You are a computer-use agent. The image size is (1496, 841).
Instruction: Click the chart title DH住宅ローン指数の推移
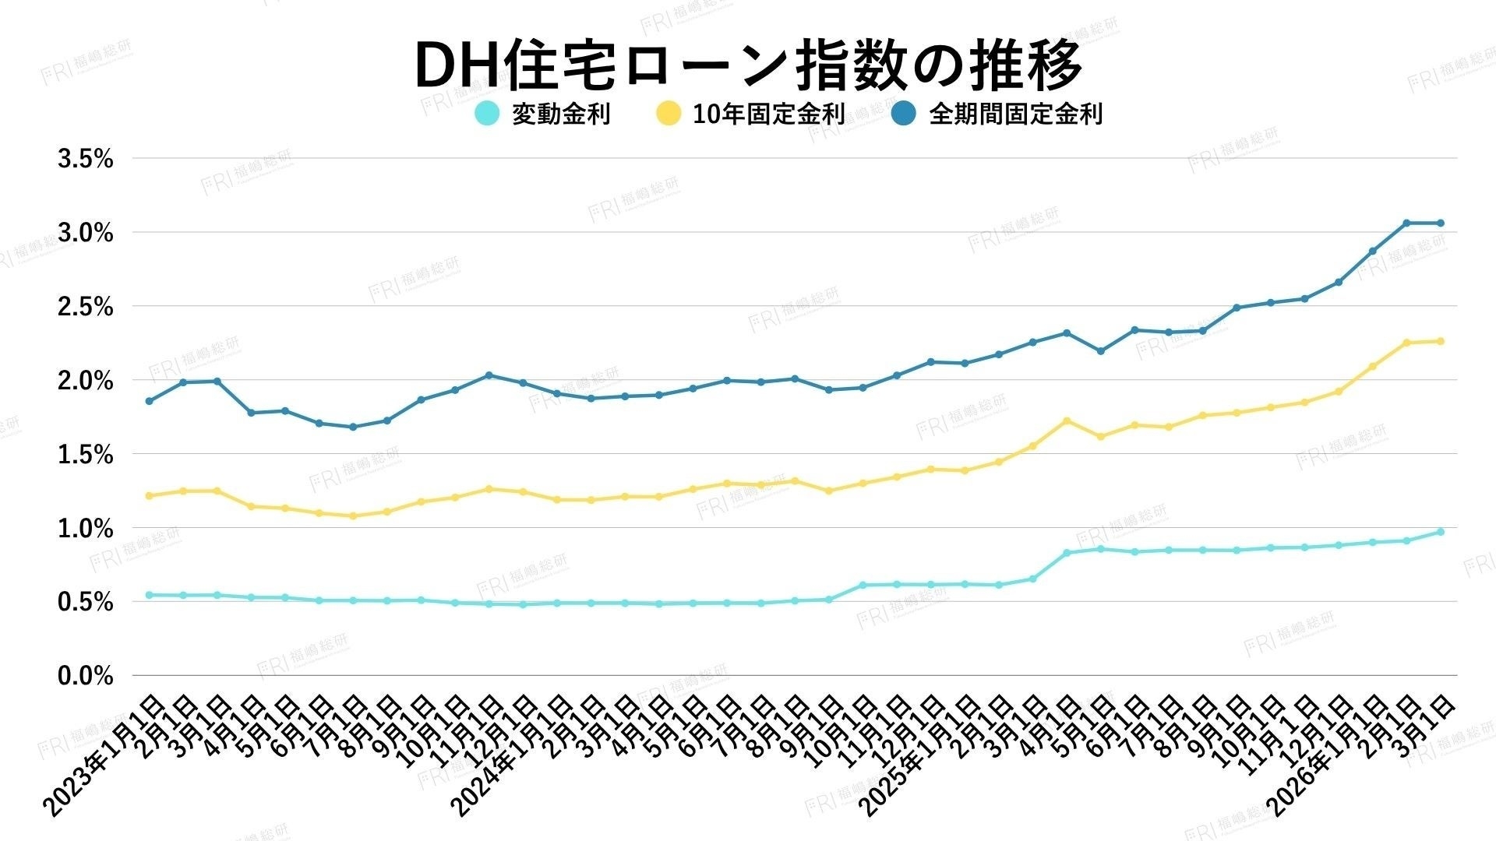[748, 65]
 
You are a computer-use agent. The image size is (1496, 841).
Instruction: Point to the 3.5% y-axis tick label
[86, 160]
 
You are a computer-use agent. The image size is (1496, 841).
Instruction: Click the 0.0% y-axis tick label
[86, 676]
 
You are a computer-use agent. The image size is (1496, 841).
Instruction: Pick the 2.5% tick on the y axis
[86, 307]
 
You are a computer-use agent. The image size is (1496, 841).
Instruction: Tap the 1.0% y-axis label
[86, 529]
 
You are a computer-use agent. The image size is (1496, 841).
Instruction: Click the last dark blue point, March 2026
[1441, 223]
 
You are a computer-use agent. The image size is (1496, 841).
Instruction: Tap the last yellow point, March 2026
[1441, 341]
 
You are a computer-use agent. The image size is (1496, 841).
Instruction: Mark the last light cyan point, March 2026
[1441, 532]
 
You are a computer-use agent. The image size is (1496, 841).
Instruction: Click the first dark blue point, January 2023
[149, 401]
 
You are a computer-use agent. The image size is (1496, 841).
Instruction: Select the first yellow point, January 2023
[149, 495]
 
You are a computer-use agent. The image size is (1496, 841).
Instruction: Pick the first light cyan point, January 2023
[149, 595]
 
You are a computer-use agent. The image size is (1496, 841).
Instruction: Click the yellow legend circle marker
[668, 114]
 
